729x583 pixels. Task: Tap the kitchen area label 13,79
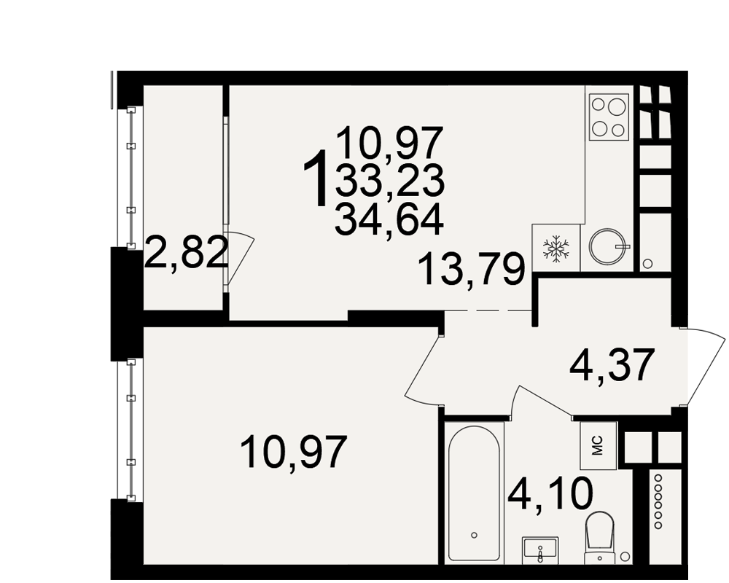(x=472, y=270)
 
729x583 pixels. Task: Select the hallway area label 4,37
(x=612, y=364)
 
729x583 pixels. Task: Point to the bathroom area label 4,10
(x=550, y=495)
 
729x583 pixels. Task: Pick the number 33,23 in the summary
(x=389, y=181)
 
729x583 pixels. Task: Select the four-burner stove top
(x=609, y=117)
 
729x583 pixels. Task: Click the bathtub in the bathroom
(x=475, y=493)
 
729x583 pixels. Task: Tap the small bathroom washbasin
(x=539, y=549)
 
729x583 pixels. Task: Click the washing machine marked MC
(x=599, y=445)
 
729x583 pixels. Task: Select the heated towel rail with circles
(x=658, y=500)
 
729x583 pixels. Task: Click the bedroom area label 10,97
(x=294, y=453)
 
